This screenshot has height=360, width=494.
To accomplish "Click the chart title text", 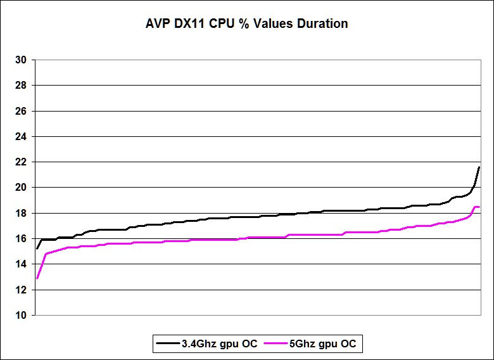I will pyautogui.click(x=246, y=24).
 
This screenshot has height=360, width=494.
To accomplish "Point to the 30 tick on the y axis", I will pyautogui.click(x=21, y=60).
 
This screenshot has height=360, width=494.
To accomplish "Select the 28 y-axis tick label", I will pyautogui.click(x=21, y=86).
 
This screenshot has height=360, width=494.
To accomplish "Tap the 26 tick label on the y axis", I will pyautogui.click(x=21, y=111).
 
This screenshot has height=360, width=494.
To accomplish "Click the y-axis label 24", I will pyautogui.click(x=21, y=136).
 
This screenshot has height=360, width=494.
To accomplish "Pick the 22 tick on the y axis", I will pyautogui.click(x=21, y=162).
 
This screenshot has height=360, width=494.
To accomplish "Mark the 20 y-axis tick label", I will pyautogui.click(x=21, y=188).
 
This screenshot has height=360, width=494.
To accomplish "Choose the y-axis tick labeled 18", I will pyautogui.click(x=21, y=213).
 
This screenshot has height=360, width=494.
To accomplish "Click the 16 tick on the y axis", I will pyautogui.click(x=21, y=238).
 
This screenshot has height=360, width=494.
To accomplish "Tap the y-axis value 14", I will pyautogui.click(x=21, y=264).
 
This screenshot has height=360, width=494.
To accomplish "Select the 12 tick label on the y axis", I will pyautogui.click(x=21, y=290).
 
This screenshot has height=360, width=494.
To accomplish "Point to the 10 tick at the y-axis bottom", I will pyautogui.click(x=21, y=315).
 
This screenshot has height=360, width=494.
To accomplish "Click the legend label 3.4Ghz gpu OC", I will pyautogui.click(x=219, y=344).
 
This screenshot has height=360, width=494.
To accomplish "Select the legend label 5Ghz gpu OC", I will pyautogui.click(x=322, y=344).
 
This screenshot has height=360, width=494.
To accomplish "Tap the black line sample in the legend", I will pyautogui.click(x=168, y=344).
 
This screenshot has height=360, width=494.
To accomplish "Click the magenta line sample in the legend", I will pyautogui.click(x=276, y=344).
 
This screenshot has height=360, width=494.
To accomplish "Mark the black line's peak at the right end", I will pyautogui.click(x=479, y=167).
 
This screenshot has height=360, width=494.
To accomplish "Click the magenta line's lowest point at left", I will pyautogui.click(x=37, y=278).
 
